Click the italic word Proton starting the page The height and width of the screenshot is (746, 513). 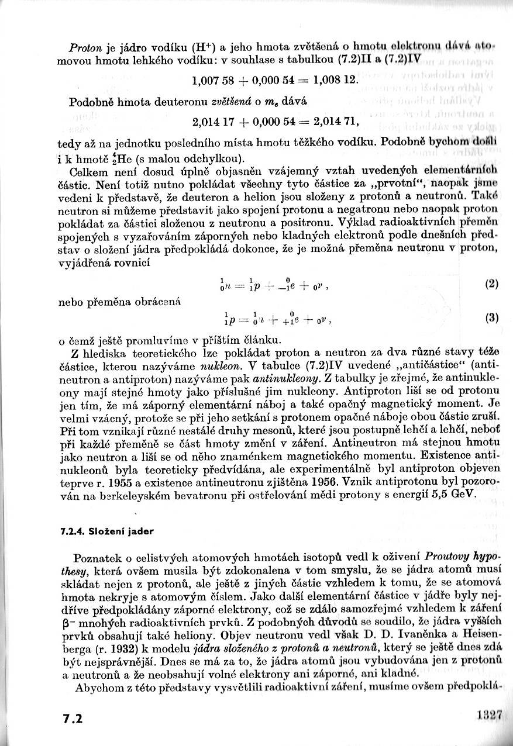(x=83, y=46)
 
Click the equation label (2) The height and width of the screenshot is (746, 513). (x=491, y=284)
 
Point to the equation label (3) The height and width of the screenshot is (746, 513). (x=491, y=318)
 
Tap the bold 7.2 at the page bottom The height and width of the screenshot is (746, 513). (x=75, y=717)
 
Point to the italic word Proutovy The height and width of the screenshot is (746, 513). (x=452, y=557)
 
